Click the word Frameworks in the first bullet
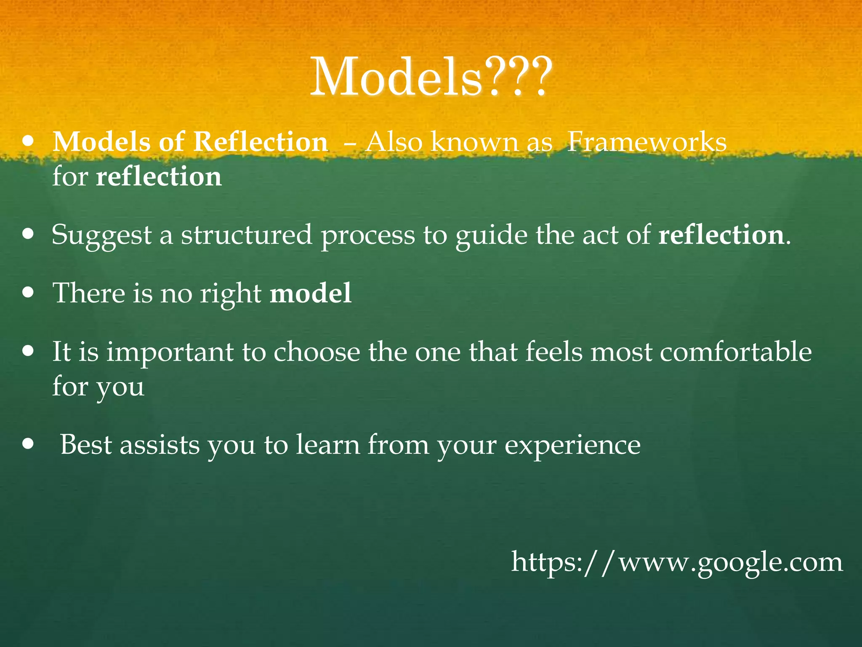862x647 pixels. tap(646, 142)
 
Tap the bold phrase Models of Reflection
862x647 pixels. tap(190, 142)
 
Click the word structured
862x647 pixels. tap(247, 235)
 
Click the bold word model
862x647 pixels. tap(311, 293)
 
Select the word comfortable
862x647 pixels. tap(735, 352)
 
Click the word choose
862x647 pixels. tap(317, 352)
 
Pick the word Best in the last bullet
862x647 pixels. tap(85, 445)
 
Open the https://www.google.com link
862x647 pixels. tap(677, 563)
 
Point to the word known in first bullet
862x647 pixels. tap(474, 142)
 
